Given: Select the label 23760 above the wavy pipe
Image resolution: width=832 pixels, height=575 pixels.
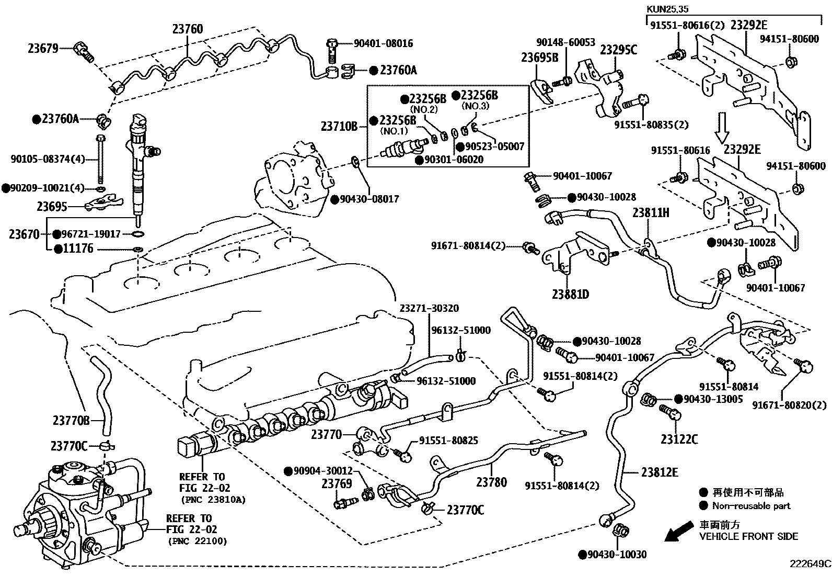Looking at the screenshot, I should coord(188,29).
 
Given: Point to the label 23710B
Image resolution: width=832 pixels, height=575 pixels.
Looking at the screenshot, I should coord(339,126).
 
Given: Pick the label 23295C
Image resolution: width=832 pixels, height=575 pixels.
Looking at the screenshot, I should coord(618,50).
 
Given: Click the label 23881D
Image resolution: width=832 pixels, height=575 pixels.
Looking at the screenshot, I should coord(571,295).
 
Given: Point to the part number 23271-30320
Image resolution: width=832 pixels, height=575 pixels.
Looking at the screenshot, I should coord(430,308).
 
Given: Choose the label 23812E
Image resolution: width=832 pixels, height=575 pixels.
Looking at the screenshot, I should coord(660,472).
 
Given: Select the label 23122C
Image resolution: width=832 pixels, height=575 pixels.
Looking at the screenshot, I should coord(679,439).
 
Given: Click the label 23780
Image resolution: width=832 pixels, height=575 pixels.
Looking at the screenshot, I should coord(491,482).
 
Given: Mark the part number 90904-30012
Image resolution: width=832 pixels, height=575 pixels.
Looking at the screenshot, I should coord(322,471).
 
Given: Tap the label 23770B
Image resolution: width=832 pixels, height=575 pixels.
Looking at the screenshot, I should coord(71,420).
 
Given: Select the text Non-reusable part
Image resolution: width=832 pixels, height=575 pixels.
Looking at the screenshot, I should coord(752,506).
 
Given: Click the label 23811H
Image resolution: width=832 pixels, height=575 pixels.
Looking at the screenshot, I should coord(651,213).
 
